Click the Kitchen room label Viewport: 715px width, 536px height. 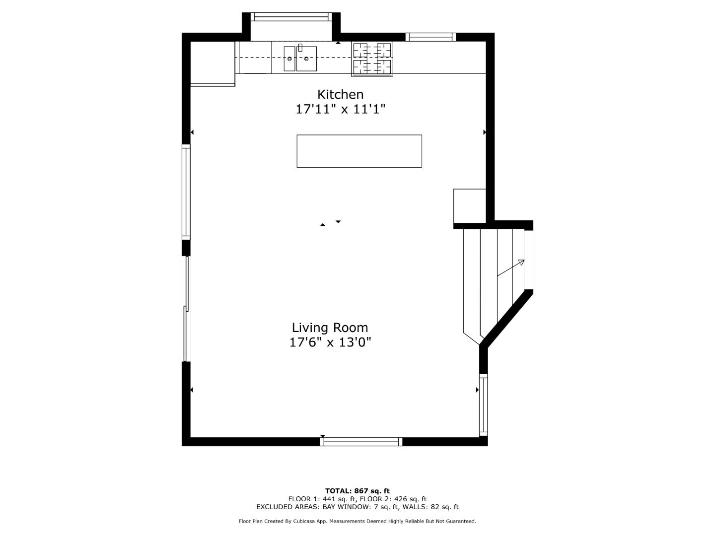coord(340,94)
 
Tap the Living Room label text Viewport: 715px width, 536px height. coord(330,328)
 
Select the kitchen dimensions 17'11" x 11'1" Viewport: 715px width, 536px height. coord(340,109)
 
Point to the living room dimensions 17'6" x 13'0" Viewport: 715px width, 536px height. coord(330,342)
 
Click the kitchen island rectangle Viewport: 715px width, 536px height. coord(359,151)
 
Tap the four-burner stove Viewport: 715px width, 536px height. coord(372,59)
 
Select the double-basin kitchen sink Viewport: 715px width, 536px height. coord(300,59)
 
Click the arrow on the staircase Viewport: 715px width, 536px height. coord(511,268)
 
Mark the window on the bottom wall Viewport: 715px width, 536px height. coord(361,441)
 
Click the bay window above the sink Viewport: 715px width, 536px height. coord(291,17)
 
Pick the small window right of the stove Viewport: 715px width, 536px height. coord(430,37)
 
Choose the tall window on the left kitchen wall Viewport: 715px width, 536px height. coord(186,192)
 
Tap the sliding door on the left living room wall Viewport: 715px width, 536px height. coord(187,309)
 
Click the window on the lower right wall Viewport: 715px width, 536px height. coord(483,405)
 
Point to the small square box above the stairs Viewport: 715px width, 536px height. coord(469,205)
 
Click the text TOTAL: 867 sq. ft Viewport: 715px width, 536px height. coord(357,491)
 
